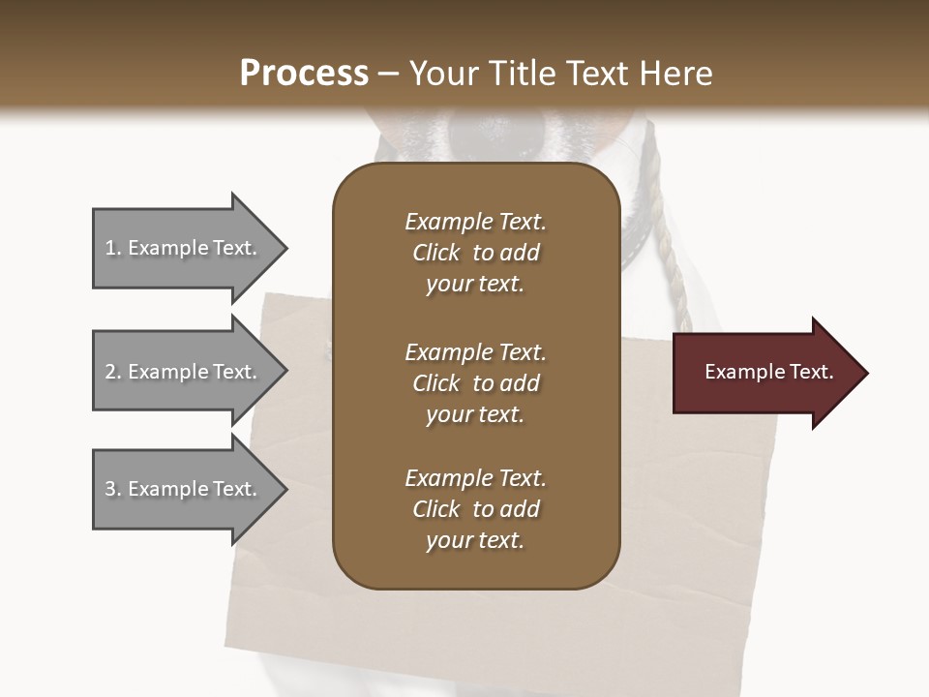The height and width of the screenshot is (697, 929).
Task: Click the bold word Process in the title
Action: tap(304, 74)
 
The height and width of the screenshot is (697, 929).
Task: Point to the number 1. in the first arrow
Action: tap(113, 248)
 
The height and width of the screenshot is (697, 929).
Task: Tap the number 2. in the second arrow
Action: tap(113, 372)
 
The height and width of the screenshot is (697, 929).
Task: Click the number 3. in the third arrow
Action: tap(113, 489)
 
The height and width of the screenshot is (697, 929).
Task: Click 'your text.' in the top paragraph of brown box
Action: tap(475, 285)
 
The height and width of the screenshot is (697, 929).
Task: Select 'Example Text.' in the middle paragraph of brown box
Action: tap(475, 352)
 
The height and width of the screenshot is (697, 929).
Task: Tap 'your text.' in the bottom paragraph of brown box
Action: tap(475, 541)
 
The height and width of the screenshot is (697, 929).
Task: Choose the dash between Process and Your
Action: tap(389, 74)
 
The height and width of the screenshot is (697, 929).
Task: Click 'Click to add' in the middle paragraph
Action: tap(475, 383)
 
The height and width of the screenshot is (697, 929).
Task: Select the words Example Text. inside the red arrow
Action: tap(769, 372)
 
